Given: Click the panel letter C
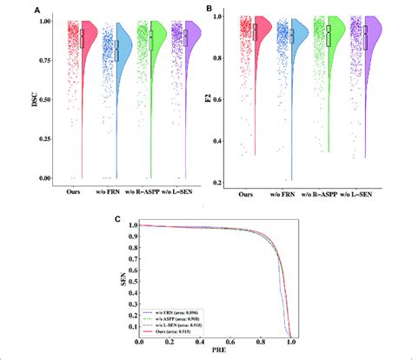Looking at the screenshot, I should tap(118, 218).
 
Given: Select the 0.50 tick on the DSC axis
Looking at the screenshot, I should tap(52, 100).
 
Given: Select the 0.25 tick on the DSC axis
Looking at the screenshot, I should tap(52, 139).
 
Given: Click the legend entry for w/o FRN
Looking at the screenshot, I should tap(178, 310).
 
